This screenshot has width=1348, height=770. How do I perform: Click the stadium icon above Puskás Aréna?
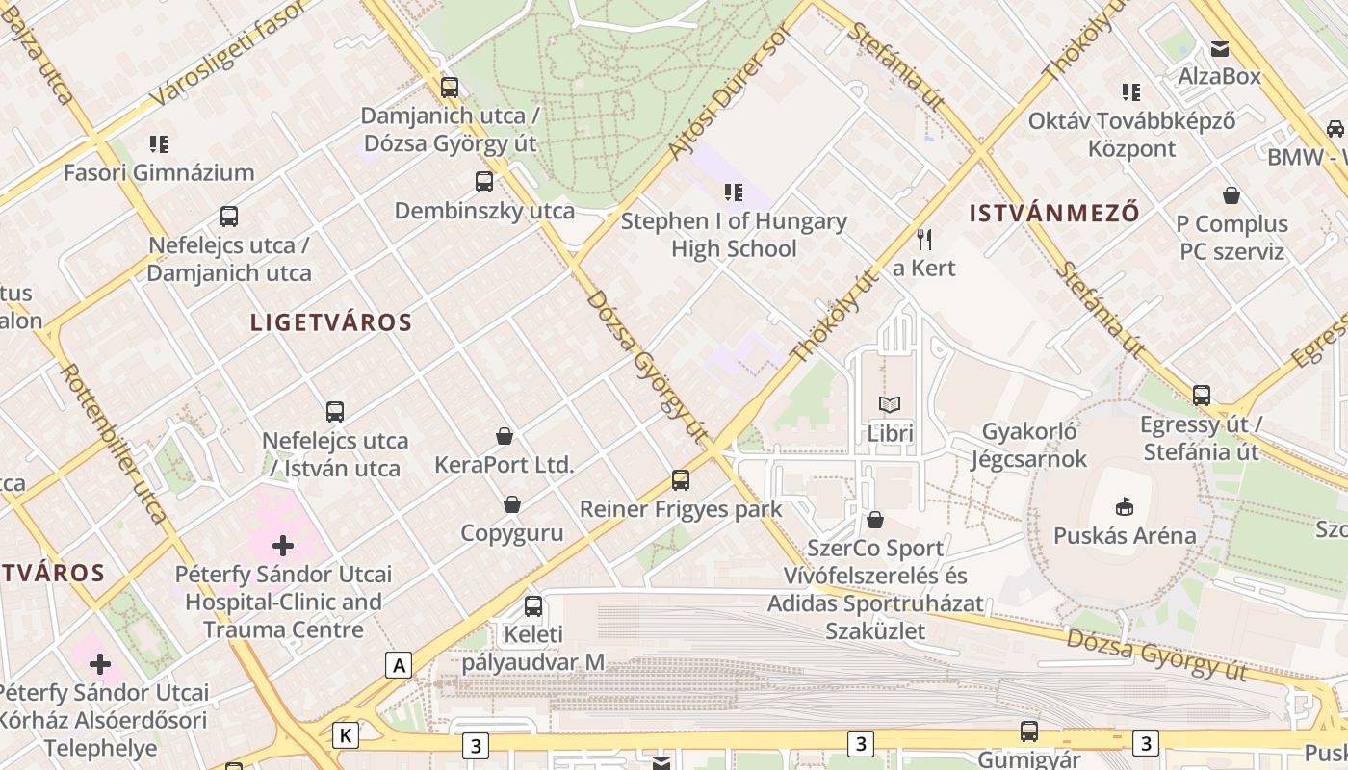click(x=1124, y=505)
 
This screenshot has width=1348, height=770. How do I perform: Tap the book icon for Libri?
click(x=890, y=405)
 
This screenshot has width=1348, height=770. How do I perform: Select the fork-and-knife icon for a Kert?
click(x=924, y=239)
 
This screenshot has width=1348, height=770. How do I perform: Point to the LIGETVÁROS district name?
click(x=331, y=322)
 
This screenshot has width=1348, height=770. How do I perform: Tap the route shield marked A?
click(x=399, y=664)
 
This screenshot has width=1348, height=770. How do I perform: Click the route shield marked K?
click(x=345, y=735)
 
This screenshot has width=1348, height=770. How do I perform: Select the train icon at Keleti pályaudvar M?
click(x=533, y=606)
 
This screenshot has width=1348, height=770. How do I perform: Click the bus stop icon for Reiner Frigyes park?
click(x=681, y=479)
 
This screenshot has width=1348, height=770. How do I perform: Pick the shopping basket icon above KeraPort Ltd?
click(x=504, y=436)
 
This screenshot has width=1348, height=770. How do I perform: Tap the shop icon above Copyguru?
click(x=512, y=504)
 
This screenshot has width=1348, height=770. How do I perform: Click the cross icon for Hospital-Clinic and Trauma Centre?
click(x=283, y=546)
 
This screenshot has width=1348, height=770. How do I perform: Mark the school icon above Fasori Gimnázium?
click(x=159, y=144)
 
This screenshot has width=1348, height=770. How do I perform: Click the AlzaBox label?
click(x=1220, y=76)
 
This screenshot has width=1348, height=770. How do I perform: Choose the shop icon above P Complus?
click(x=1231, y=196)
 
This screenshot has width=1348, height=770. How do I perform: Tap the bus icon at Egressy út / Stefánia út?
click(x=1202, y=395)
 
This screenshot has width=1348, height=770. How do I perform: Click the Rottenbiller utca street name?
click(x=114, y=443)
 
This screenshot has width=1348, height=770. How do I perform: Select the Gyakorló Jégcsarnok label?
click(x=1028, y=446)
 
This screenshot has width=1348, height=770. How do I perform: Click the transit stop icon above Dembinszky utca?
click(x=484, y=181)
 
